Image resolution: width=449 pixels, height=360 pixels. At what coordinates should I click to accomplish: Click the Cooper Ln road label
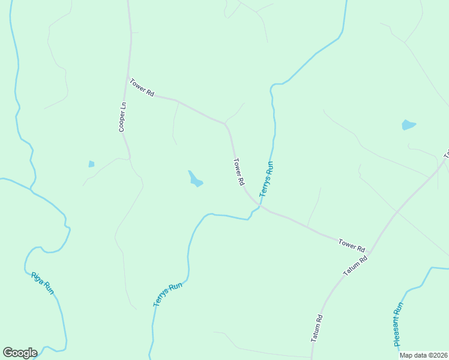coord(122,117)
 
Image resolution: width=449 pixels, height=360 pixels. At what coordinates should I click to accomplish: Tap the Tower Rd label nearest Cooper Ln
coord(142,88)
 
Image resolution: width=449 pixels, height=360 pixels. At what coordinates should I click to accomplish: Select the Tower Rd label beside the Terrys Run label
coord(239,171)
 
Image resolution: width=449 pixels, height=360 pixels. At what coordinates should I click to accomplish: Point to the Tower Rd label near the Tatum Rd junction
coord(352,244)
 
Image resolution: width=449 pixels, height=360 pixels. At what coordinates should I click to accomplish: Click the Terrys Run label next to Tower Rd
coord(267,179)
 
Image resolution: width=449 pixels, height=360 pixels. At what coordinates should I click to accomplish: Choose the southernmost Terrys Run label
coord(167,295)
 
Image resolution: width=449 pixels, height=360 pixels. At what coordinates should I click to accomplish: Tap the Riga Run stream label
coord(43,283)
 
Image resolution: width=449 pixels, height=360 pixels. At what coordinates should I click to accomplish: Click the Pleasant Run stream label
coord(398,324)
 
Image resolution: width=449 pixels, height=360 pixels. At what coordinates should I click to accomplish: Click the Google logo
coord(20,353)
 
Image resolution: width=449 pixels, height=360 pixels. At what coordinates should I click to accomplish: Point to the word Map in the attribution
coord(407,355)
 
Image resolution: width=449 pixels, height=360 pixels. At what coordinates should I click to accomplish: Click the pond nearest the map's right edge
coord(408,125)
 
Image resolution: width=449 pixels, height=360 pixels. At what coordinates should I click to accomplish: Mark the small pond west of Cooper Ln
coord(91,164)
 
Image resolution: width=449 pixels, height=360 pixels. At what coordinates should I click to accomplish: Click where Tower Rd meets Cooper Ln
coord(128,80)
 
